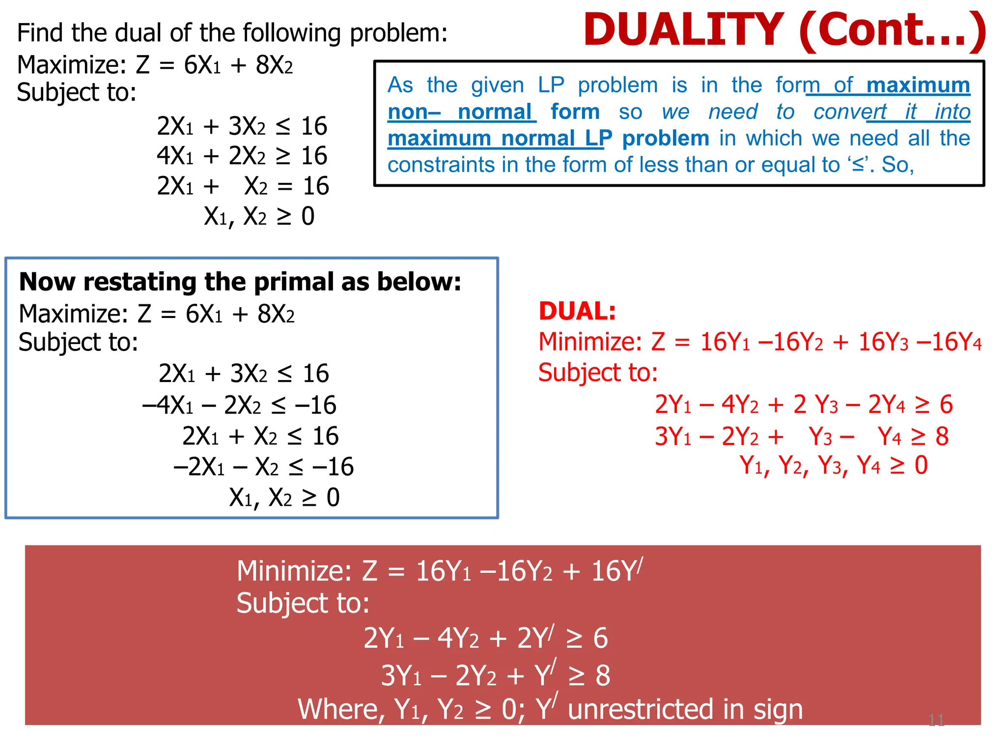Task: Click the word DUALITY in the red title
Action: (x=683, y=30)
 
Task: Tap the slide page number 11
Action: (x=936, y=720)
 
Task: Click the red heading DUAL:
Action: (x=577, y=311)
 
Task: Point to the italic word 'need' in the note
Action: (x=733, y=112)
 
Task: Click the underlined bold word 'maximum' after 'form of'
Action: (x=918, y=86)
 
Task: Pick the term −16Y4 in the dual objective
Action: (x=949, y=342)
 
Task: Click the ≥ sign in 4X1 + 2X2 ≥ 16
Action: (x=283, y=156)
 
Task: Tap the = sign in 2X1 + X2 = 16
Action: (x=285, y=187)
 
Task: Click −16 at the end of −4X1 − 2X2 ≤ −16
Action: (x=316, y=406)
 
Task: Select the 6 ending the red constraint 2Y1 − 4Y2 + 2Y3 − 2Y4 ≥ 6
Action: (x=946, y=405)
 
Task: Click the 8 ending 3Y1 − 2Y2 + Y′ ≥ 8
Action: (x=603, y=676)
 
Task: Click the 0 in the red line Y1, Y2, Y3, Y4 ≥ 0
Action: (x=921, y=465)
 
